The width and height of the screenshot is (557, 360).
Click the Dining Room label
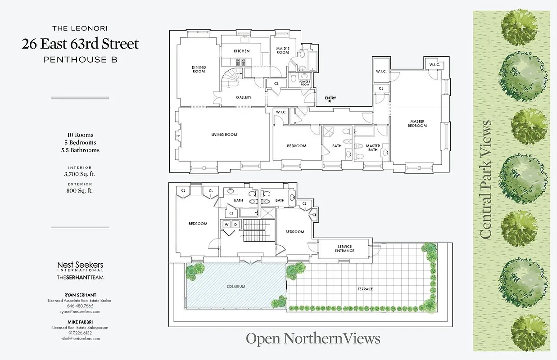coord(199,69)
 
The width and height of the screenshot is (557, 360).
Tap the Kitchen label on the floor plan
coord(241,51)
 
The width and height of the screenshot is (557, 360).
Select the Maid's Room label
coord(282,50)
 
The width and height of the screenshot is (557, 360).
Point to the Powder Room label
coord(305,83)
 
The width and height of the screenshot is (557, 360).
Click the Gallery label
coord(244,97)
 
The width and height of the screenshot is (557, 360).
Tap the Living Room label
coord(224,135)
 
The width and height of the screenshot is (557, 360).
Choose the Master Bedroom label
coord(417,123)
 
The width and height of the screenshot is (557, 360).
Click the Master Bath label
coord(373,148)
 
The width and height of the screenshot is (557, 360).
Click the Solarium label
coord(236,286)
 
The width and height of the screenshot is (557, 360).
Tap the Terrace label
coord(365,289)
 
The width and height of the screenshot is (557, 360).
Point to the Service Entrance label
coord(344,248)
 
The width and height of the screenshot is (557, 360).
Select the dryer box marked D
coord(235,224)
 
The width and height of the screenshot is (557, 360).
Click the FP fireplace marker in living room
coord(177,135)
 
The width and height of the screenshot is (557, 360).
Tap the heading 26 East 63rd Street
coord(81,44)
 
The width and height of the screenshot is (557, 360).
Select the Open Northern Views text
coord(313,338)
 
